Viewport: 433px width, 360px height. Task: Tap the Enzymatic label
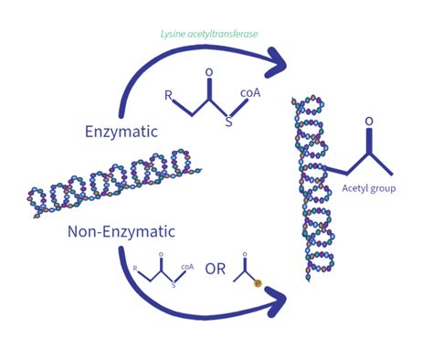pyautogui.click(x=121, y=132)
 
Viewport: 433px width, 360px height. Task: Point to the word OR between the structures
pyautogui.click(x=216, y=270)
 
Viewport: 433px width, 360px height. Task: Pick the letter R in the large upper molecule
pyautogui.click(x=167, y=94)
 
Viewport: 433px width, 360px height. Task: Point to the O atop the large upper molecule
pyautogui.click(x=208, y=71)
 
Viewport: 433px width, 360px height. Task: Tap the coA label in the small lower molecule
pyautogui.click(x=186, y=267)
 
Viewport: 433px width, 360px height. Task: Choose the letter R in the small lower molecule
pyautogui.click(x=135, y=268)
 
